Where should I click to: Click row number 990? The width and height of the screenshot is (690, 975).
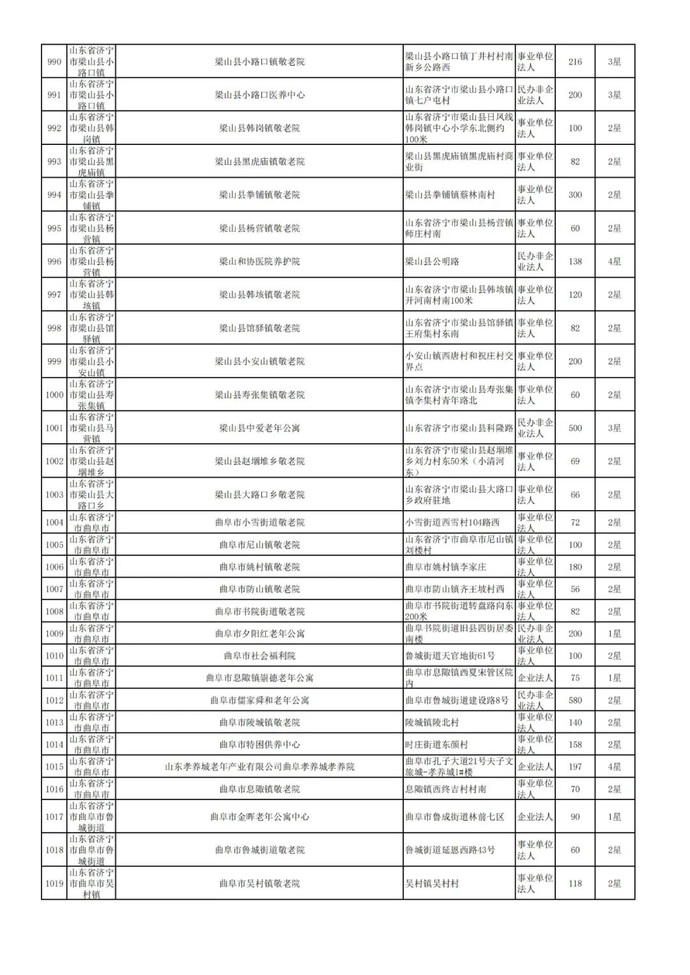pos(54,62)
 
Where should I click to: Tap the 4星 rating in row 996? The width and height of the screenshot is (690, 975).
pos(614,261)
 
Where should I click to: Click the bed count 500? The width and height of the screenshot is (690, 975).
pos(575,428)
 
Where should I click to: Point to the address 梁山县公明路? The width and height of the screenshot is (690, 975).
pos(432,261)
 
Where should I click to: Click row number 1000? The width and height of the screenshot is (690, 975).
pos(54,395)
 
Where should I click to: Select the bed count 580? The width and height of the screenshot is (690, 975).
pos(575,700)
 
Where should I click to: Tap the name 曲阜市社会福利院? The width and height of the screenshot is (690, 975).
pos(259,656)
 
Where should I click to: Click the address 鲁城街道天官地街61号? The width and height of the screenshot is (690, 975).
pos(450,656)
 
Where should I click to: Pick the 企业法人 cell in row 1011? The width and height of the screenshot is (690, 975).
pos(535,678)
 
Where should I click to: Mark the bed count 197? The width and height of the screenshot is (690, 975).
pos(575,767)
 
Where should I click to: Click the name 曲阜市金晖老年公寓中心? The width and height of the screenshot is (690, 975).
pos(259,817)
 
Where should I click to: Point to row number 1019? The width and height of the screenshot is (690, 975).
pos(54,884)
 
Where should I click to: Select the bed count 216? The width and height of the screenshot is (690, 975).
pos(575,62)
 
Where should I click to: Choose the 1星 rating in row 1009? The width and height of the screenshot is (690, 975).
pos(614,633)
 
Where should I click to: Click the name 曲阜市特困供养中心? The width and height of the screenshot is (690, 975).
pos(259,744)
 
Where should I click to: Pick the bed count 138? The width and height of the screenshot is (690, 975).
pos(575,261)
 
